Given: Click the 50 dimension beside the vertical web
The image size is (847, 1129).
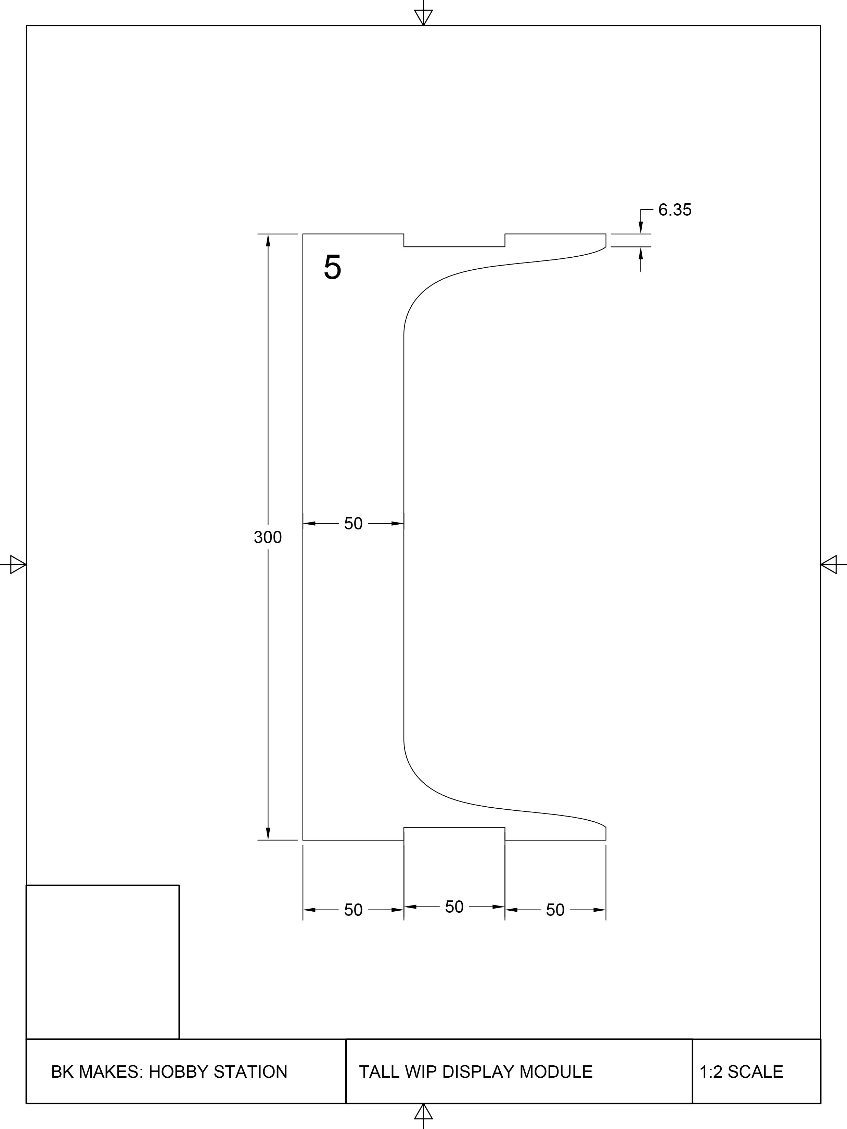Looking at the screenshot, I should tap(353, 524).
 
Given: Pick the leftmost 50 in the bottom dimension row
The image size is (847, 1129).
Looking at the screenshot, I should tap(353, 910).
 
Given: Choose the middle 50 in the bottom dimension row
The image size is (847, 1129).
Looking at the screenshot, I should tap(454, 907).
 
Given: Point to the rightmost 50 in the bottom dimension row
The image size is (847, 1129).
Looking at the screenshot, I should tap(555, 910).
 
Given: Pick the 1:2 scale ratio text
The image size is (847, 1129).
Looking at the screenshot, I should tap(711, 1072).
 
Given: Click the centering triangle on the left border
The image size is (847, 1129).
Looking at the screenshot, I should tap(18, 565).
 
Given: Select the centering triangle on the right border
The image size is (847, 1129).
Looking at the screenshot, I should tap(829, 565).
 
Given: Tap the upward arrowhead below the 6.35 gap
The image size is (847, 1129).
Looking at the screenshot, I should tap(641, 253).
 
